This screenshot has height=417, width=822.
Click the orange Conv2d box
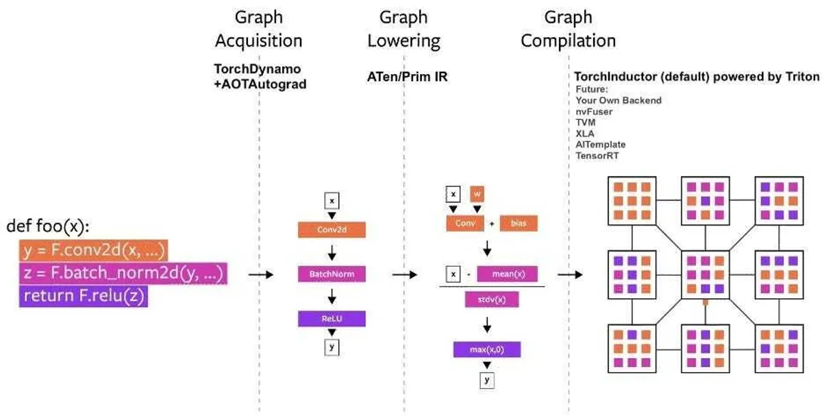(332, 229)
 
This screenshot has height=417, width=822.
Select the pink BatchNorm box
(332, 274)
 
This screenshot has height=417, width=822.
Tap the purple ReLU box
(332, 319)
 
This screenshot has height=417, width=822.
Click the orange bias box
(519, 224)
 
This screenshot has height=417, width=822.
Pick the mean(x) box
(508, 274)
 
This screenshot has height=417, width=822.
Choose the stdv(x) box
(492, 300)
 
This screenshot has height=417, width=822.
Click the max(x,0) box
(487, 350)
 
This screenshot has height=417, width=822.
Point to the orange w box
(478, 193)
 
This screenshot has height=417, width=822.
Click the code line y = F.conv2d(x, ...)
(93, 250)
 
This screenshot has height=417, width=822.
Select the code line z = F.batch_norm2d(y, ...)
(123, 274)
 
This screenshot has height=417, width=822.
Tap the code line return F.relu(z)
(84, 296)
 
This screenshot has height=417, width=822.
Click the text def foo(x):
(48, 226)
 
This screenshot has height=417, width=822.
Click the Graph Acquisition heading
(258, 28)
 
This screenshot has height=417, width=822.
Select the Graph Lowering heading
(403, 28)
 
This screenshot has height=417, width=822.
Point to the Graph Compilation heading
(568, 28)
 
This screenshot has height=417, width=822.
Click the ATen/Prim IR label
(407, 77)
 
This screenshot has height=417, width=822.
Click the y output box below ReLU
(332, 347)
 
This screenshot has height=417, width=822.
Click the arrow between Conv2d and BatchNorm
(332, 252)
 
